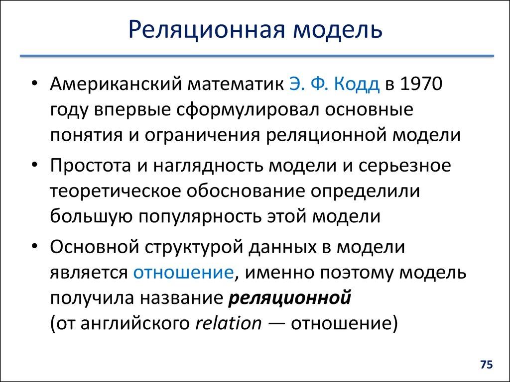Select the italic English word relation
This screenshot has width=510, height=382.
click(228, 323)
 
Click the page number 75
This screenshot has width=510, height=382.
click(486, 365)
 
